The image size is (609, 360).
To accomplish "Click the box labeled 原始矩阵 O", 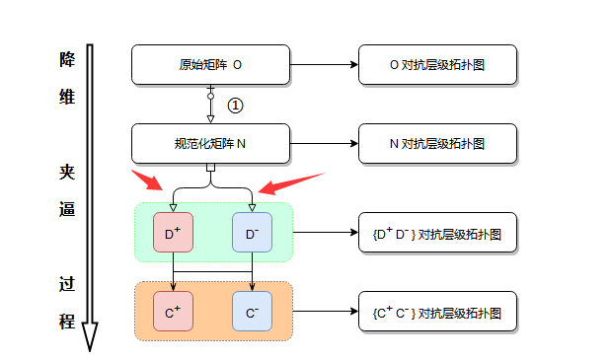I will click(210, 64).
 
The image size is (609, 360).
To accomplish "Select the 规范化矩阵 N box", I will click(210, 143).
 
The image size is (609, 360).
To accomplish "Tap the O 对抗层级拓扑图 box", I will click(437, 64).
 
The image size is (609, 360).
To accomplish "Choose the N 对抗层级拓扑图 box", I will click(437, 143).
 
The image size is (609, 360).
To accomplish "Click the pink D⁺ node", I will click(173, 233).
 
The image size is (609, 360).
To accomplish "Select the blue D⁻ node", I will click(252, 233).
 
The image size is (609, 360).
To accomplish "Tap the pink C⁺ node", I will click(173, 312).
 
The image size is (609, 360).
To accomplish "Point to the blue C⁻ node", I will click(252, 312).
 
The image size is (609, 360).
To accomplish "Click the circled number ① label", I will click(235, 105).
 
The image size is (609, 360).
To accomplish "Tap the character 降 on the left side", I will click(67, 58).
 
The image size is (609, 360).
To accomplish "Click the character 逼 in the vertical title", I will click(67, 209).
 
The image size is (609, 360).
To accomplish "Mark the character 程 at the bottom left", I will click(67, 321).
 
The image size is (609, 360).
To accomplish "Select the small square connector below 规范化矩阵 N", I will click(210, 167).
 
